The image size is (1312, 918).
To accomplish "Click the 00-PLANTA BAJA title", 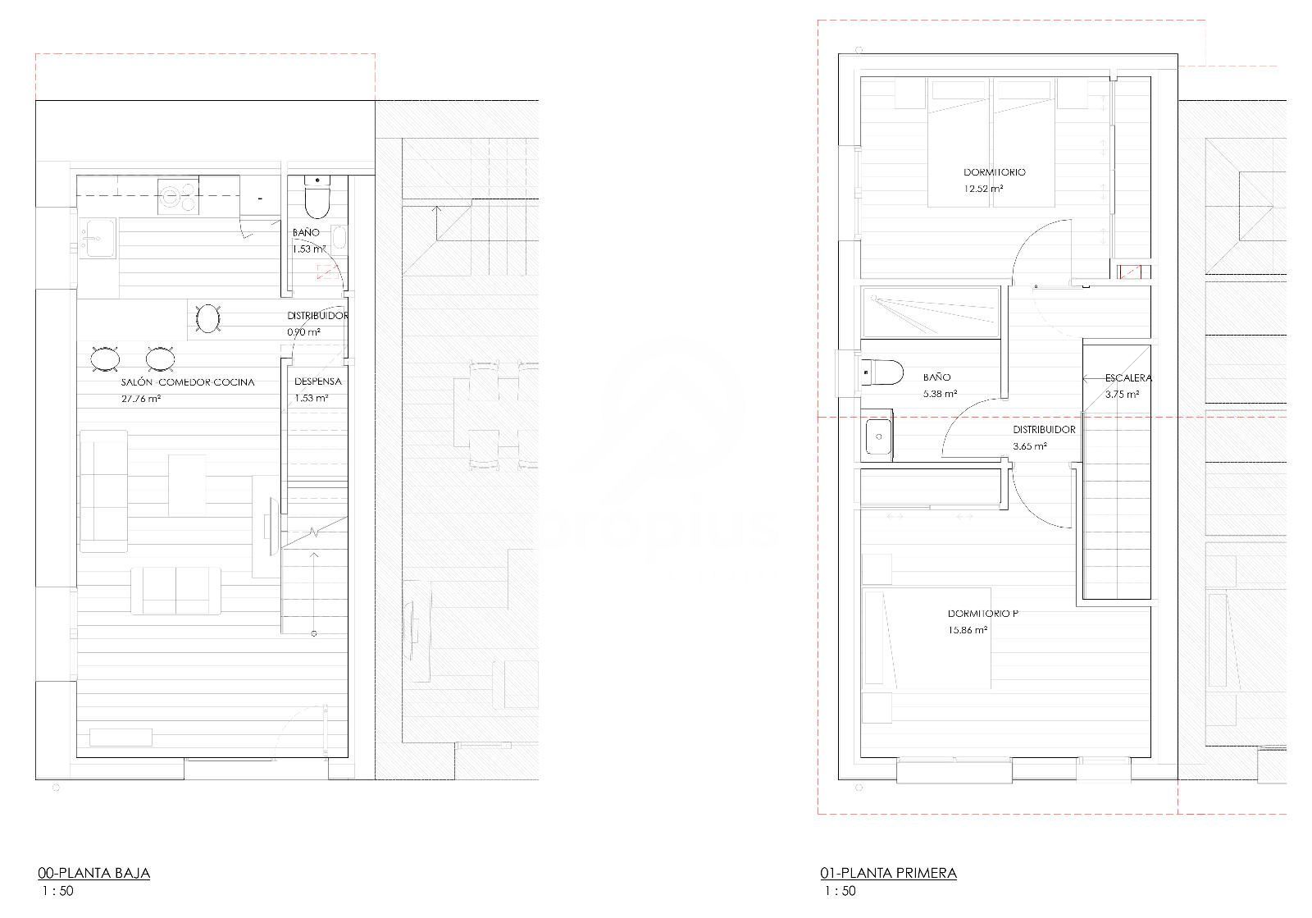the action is [x=94, y=873].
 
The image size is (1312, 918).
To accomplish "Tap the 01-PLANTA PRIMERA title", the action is [x=889, y=873].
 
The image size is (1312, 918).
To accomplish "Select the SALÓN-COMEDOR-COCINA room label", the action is [x=188, y=382].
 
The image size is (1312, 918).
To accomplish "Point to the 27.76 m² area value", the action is [x=141, y=399].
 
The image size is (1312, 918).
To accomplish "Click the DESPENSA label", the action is [x=318, y=381].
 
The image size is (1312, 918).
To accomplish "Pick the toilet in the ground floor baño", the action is [x=317, y=197].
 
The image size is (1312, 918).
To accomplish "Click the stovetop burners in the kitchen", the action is [x=177, y=195].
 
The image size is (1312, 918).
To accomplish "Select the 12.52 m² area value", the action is [x=983, y=189].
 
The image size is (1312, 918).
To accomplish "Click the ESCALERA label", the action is [x=1128, y=378].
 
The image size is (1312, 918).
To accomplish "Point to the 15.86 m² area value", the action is [x=968, y=630].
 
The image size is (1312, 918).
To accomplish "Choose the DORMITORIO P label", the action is [x=983, y=614].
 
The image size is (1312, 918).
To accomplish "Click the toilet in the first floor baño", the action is [x=882, y=372].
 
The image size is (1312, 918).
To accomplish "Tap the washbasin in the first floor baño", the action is [x=878, y=436].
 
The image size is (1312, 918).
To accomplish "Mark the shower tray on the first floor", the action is [x=930, y=313].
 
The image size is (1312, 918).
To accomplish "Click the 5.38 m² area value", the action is [x=940, y=394].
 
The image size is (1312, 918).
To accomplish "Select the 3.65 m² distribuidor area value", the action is [x=1030, y=445].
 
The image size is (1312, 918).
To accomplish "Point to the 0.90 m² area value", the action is [x=303, y=332].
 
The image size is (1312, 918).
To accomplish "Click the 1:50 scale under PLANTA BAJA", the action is [x=58, y=891].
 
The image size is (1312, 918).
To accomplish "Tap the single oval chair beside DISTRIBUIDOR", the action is [x=208, y=318].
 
